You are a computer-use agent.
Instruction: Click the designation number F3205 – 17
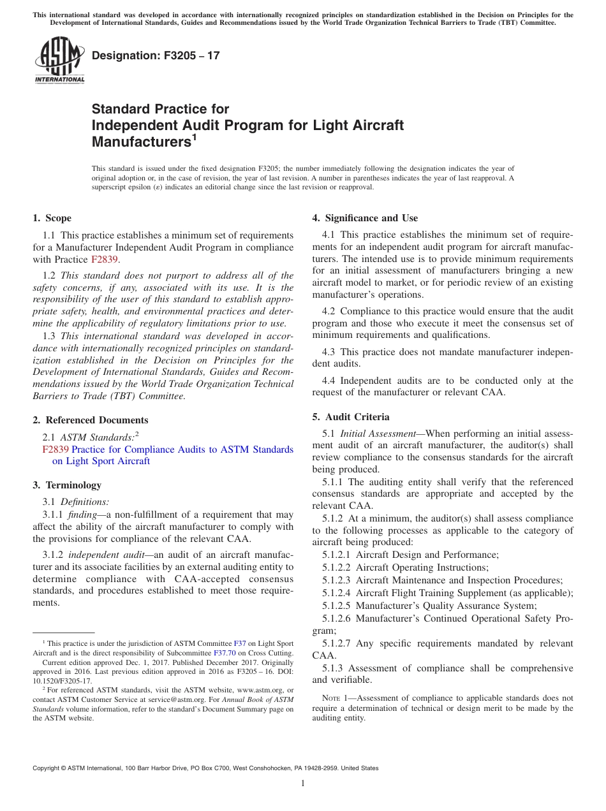tap(156, 55)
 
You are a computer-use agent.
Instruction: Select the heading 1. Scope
tap(52, 218)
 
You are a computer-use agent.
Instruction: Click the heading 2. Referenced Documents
tap(91, 420)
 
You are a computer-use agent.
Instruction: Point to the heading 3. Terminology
tap(67, 485)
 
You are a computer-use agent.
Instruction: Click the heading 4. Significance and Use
tap(365, 218)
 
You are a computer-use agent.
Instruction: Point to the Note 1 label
tap(337, 698)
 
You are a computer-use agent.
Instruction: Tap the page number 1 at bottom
tap(303, 783)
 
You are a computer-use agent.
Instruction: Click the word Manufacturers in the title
tap(142, 142)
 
